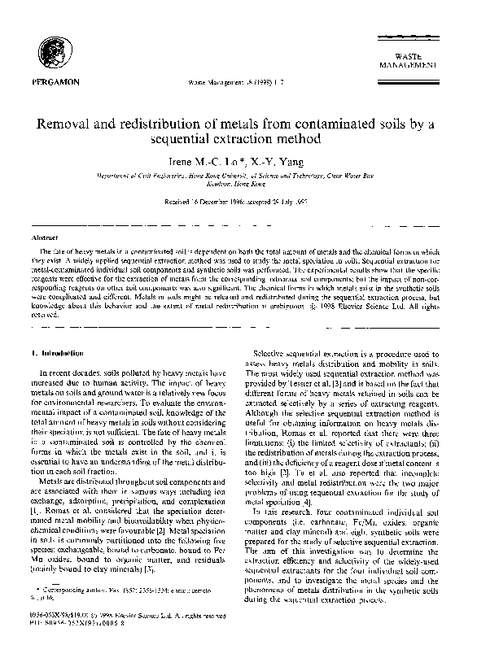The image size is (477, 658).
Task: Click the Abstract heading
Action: (42, 237)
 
